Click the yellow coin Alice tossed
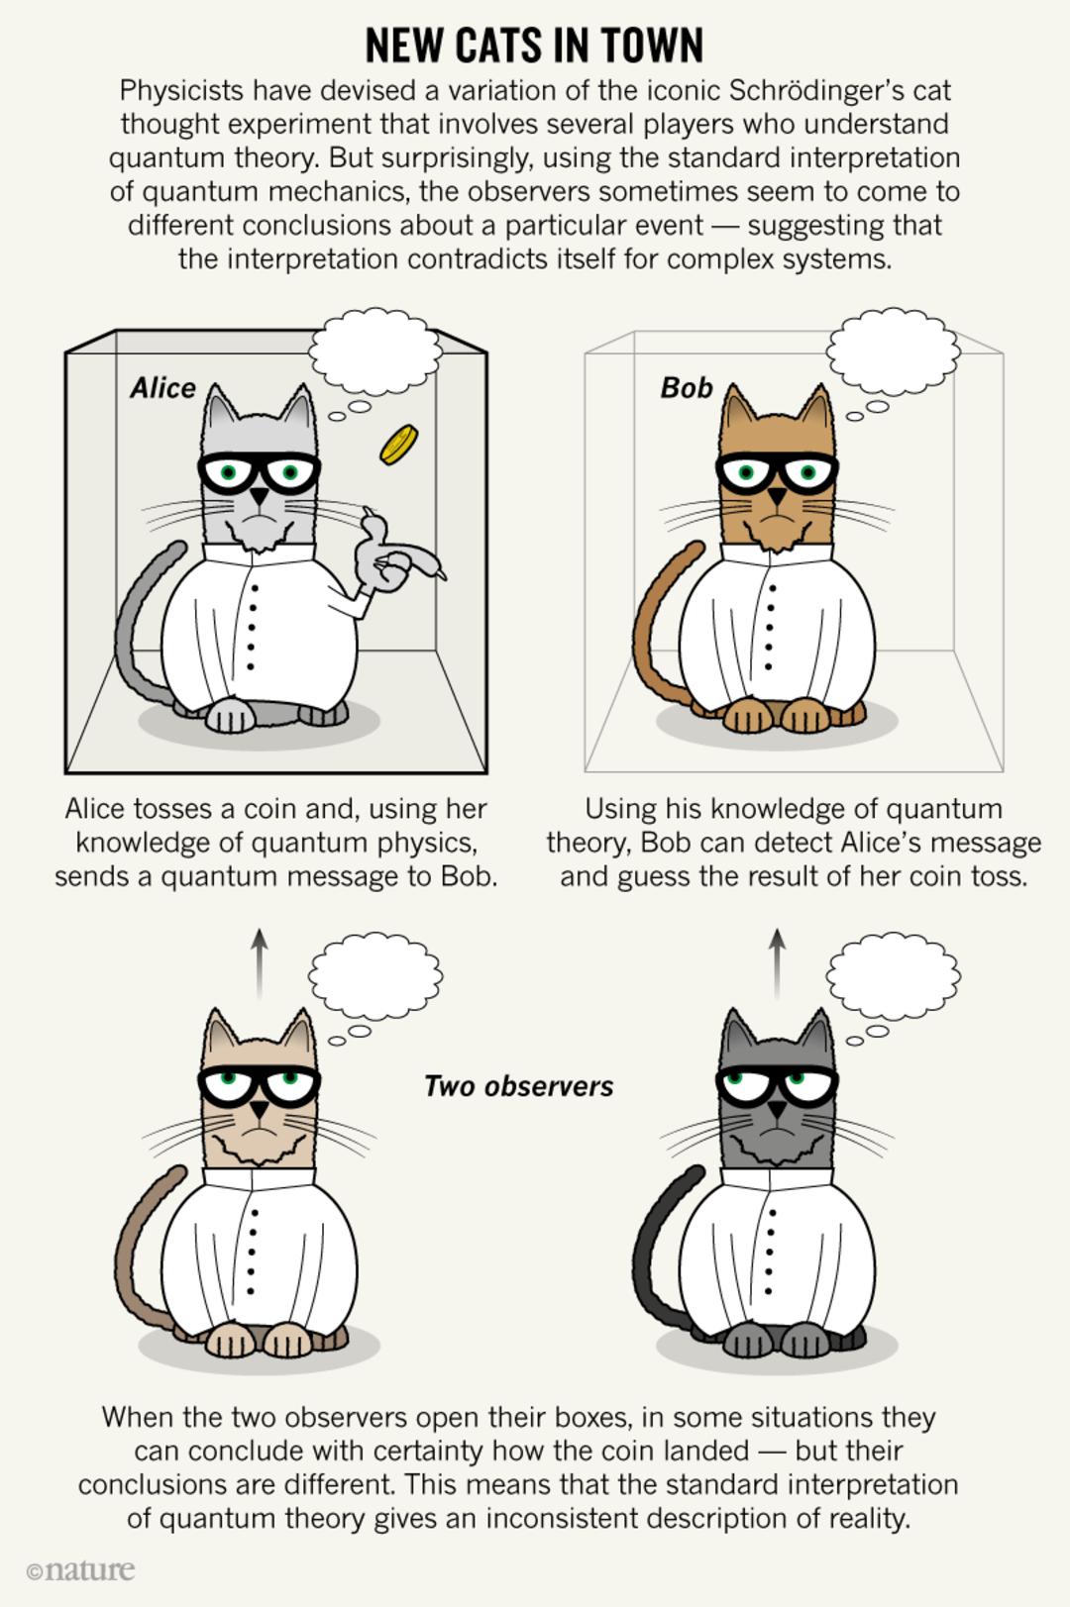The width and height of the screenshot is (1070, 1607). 399,445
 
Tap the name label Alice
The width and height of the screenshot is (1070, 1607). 162,388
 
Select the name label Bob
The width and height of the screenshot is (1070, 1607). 686,388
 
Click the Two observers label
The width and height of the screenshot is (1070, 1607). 519,1086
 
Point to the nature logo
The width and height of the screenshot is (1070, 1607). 80,1569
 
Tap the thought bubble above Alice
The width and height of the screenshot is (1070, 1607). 374,352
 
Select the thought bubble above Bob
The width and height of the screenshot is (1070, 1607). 894,352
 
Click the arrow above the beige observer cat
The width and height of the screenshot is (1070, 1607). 261,963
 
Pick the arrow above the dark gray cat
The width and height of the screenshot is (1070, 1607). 777,963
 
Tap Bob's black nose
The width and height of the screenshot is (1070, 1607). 777,496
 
